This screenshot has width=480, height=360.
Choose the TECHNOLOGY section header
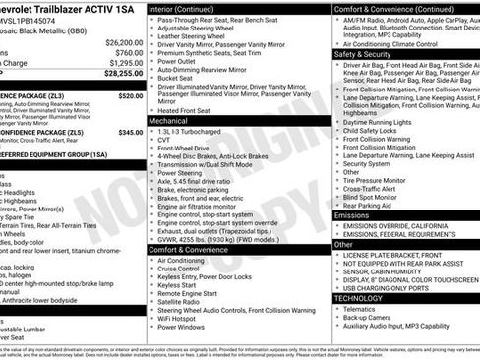coord(358,297)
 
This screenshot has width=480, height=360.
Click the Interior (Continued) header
coord(190,8)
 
